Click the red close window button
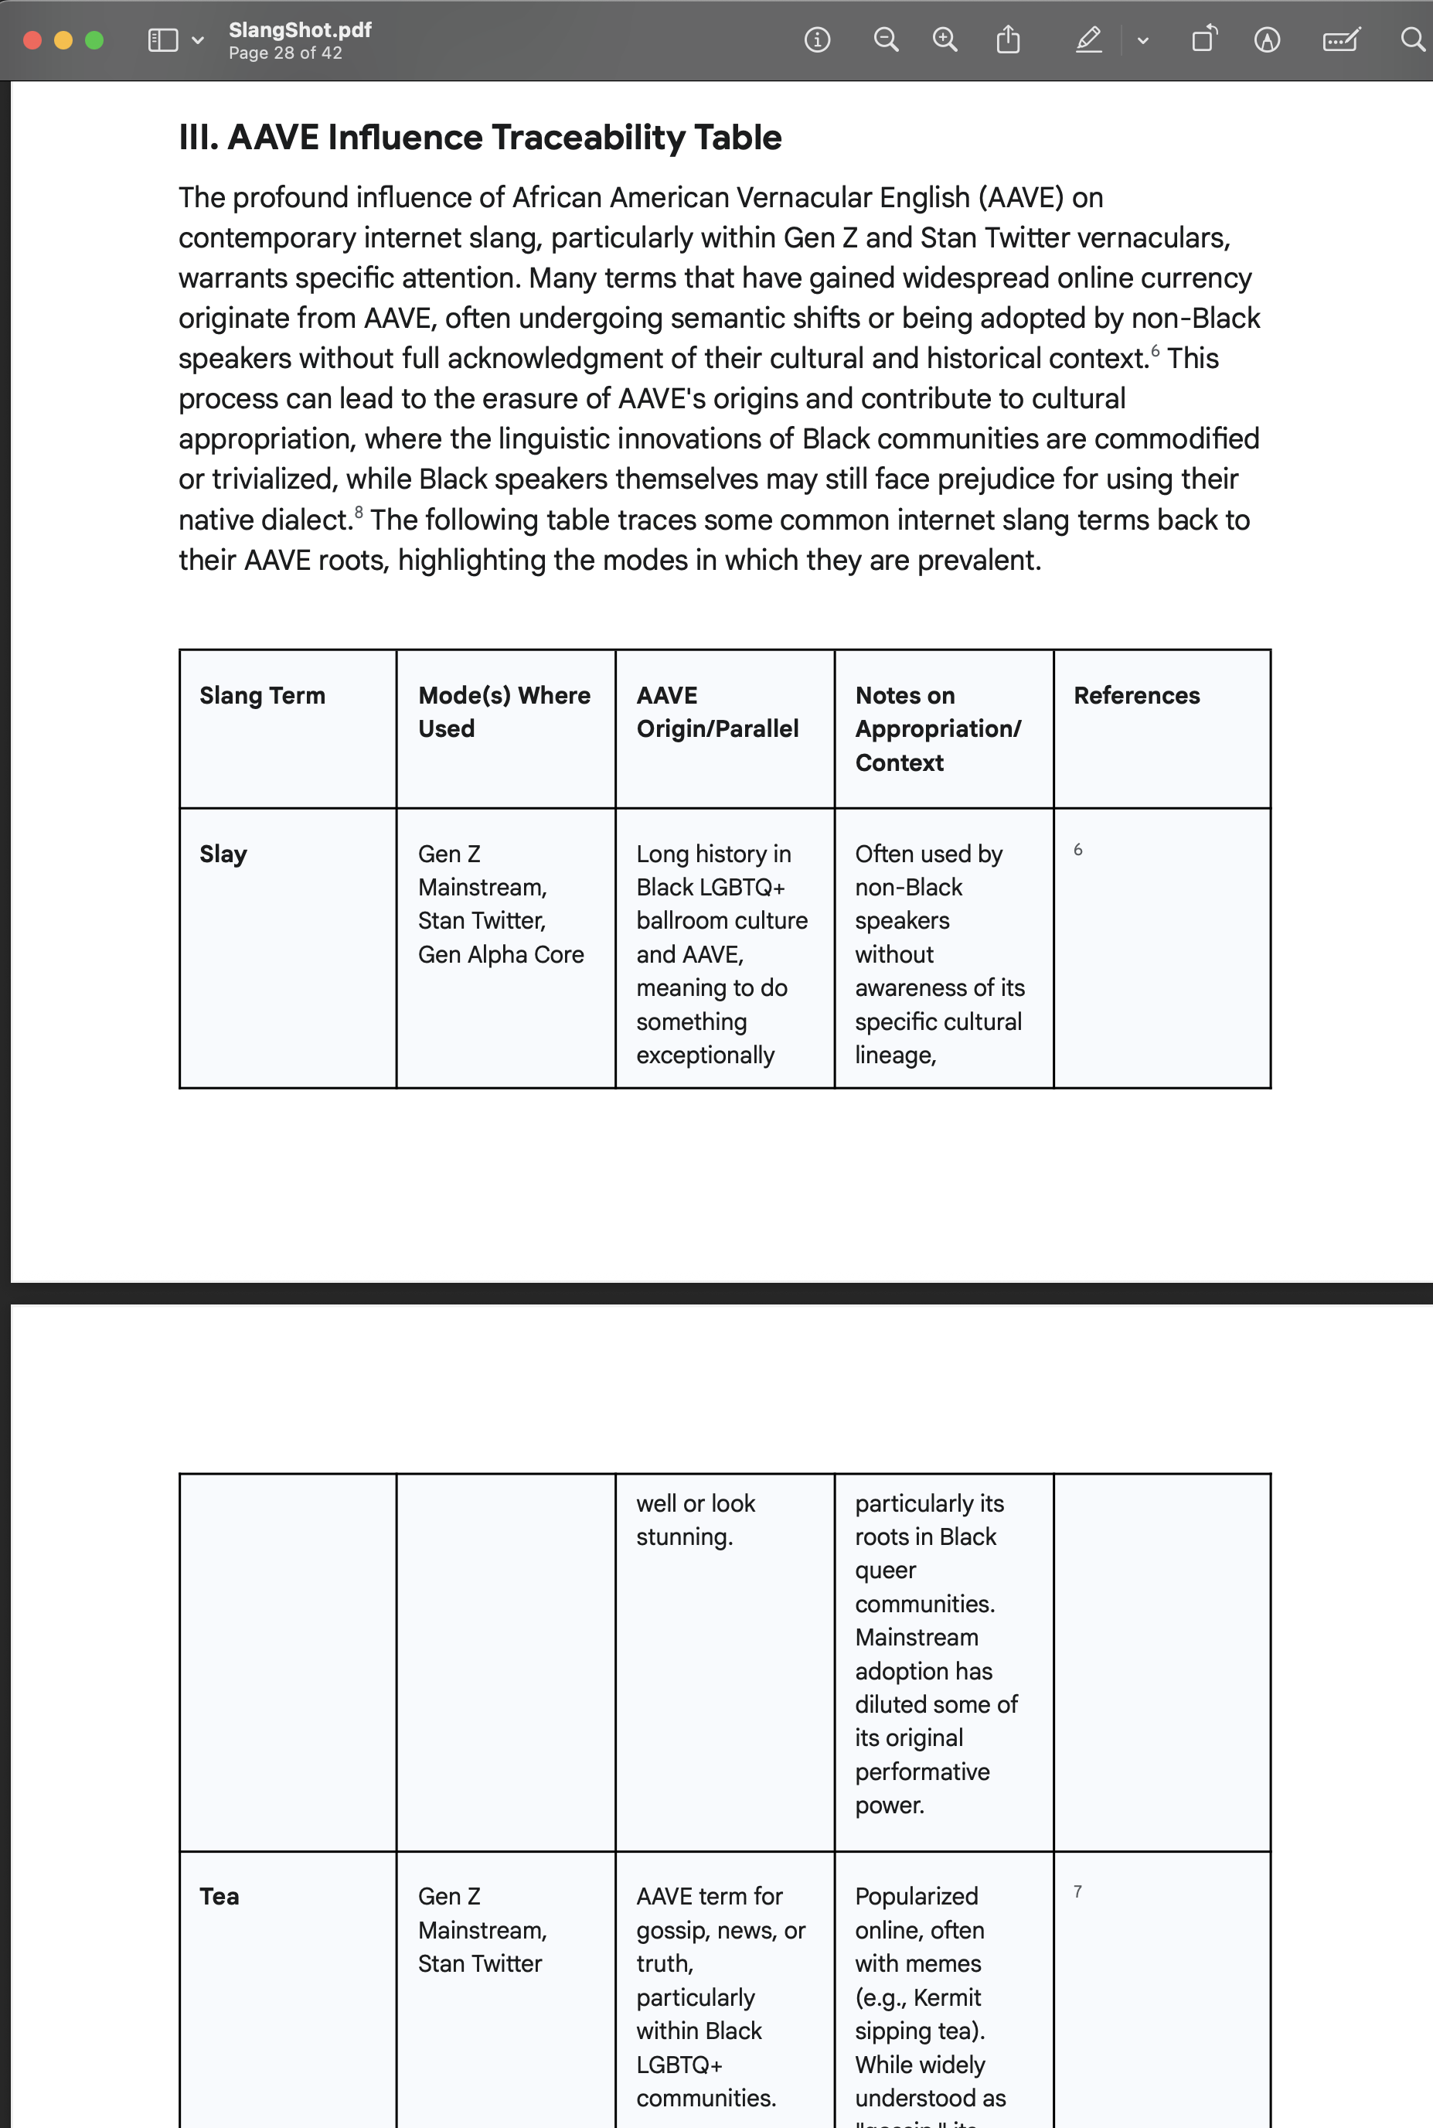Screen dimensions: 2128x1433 point(32,40)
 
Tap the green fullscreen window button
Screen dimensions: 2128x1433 point(94,40)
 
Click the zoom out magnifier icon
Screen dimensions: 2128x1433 point(886,39)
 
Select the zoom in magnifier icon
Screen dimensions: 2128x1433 point(944,39)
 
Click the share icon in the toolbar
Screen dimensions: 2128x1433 point(1008,39)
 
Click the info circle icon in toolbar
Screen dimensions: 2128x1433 point(817,39)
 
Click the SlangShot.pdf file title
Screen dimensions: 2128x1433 point(300,29)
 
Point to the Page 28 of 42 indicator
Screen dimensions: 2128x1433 point(285,53)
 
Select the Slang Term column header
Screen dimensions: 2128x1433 point(262,696)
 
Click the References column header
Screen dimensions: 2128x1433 point(1136,696)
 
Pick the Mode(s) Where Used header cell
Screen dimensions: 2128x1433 point(504,711)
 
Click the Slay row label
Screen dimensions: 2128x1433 point(223,854)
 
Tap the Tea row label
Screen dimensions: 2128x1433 point(220,1896)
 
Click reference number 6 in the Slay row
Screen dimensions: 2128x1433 point(1077,850)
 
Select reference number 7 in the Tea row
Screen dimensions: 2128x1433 point(1077,1891)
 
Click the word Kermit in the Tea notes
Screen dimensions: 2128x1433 point(947,1997)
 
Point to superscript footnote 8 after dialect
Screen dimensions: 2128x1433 point(359,512)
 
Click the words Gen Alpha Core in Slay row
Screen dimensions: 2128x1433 point(500,954)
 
